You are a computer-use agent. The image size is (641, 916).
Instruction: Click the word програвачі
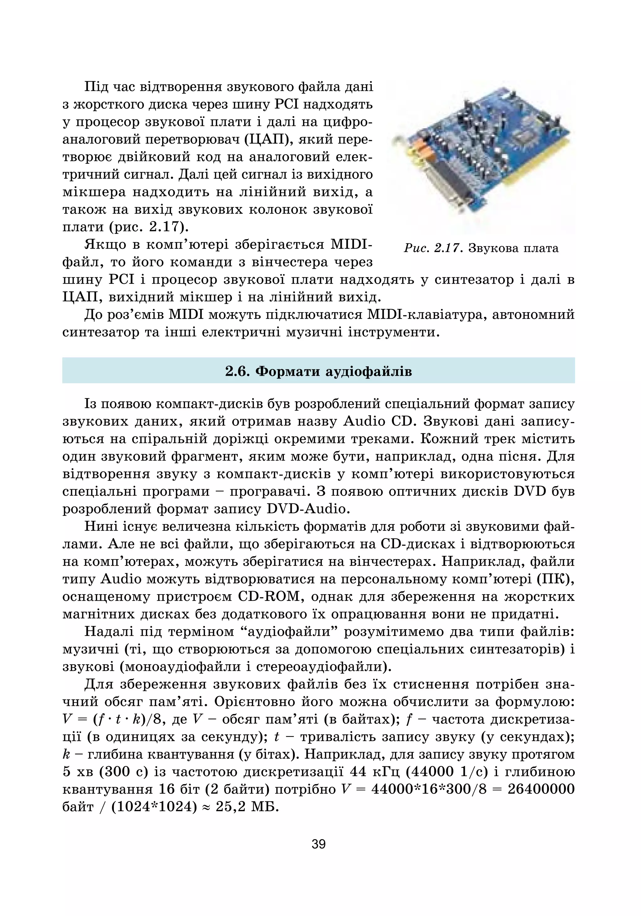pyautogui.click(x=272, y=491)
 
